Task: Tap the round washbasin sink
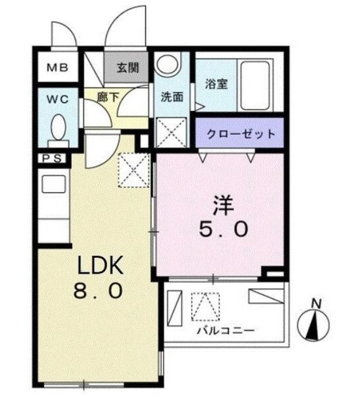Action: (x=167, y=65)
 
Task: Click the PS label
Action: (x=51, y=159)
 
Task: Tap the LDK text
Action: (x=101, y=266)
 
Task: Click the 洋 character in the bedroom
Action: (x=224, y=206)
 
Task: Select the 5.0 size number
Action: (x=224, y=229)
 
